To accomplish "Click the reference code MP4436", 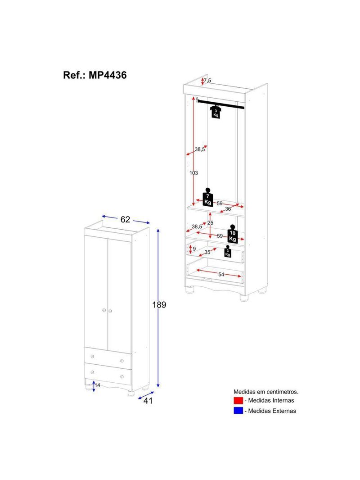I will pos(107,75).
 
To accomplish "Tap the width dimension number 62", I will pos(125,219).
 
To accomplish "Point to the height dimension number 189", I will pos(159,305).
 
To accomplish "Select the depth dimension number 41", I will pos(148,400).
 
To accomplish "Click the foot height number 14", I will pos(97,385).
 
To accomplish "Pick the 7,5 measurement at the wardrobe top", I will pos(207,81).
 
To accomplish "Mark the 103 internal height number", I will pos(194,172).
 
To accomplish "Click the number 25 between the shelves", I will pos(210,223).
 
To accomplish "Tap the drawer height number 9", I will pos(194,248).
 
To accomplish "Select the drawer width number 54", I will pos(221,274).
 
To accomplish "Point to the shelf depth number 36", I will pos(228,208).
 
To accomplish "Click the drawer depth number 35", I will pos(207,252).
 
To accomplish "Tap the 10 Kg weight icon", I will pos(233,234).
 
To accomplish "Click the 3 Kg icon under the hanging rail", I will pos(216,112).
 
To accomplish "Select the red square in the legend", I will pos(238,400).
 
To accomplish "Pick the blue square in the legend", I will pos(238,411).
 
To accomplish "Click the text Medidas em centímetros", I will pos(265,392).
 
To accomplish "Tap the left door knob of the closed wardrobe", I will pos(103,310).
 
